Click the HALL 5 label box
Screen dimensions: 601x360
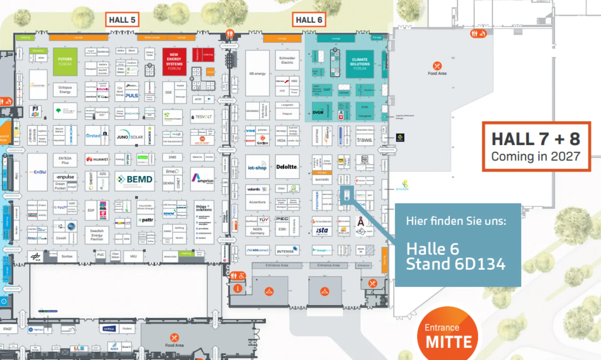tap(122, 20)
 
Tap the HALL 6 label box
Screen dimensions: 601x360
tap(309, 20)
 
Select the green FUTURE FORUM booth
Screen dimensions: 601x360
tap(65, 61)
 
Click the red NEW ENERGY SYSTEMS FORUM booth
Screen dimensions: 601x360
tap(174, 61)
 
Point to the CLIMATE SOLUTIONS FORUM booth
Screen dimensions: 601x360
tap(360, 64)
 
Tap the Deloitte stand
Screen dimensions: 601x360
tap(287, 167)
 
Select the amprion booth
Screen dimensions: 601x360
tap(202, 179)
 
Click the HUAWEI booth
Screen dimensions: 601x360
tap(97, 159)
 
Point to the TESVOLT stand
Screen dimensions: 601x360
tap(202, 117)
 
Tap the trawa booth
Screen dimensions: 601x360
tap(365, 140)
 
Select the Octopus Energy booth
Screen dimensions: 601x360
tap(65, 90)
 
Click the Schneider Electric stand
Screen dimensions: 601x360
tap(287, 60)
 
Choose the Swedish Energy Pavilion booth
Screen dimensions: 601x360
tap(97, 235)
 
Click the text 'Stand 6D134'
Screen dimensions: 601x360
tap(455, 264)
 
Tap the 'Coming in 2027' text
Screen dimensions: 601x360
tap(536, 156)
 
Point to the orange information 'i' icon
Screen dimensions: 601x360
tap(238, 288)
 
